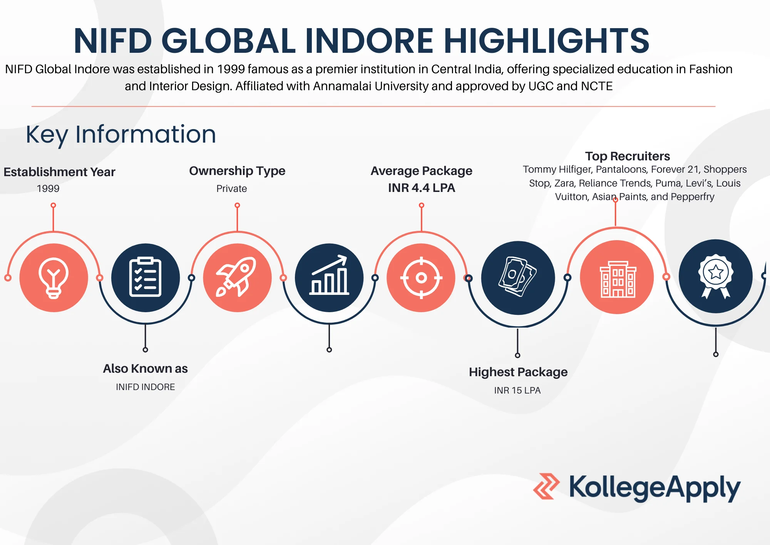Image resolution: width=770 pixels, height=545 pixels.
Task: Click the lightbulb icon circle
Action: (54, 278)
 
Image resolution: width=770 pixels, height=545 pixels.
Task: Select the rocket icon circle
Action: (238, 278)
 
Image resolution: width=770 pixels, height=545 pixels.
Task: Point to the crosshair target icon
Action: (421, 278)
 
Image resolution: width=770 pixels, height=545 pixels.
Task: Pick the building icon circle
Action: (617, 277)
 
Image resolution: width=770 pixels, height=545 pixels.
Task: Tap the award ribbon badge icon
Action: (716, 276)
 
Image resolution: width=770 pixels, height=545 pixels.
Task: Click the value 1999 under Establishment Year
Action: (48, 188)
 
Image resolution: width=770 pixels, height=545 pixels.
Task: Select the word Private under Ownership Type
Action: (231, 188)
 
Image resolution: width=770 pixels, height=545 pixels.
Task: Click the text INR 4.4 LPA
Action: (422, 188)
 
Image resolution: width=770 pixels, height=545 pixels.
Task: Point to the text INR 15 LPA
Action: (517, 390)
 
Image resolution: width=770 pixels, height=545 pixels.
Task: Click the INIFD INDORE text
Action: (146, 387)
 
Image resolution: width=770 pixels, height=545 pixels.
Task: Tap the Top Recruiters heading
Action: (628, 156)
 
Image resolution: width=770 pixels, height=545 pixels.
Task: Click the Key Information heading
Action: (121, 135)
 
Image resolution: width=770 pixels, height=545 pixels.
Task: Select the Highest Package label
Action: (518, 372)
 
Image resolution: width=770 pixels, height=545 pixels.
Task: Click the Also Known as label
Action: (146, 368)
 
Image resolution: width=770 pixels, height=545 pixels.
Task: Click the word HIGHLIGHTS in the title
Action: (547, 40)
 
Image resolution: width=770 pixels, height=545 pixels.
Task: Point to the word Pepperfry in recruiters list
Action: (692, 197)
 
